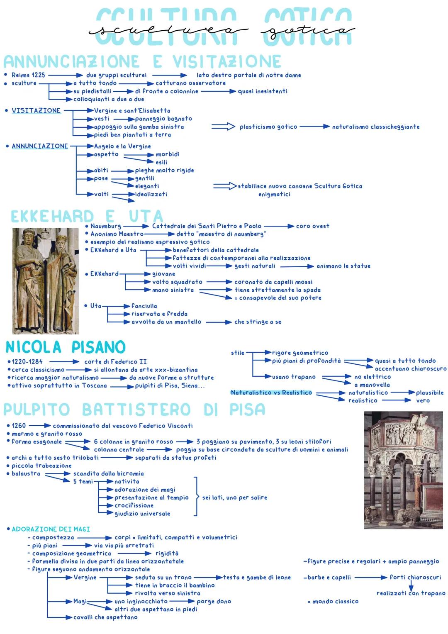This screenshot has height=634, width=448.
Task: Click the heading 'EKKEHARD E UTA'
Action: tap(87, 217)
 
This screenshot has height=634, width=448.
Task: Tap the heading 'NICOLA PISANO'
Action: tap(66, 347)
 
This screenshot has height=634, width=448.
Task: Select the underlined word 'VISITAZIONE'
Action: tap(36, 111)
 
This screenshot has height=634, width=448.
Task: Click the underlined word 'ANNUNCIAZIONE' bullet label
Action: tap(40, 146)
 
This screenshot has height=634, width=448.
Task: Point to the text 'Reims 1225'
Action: tap(28, 75)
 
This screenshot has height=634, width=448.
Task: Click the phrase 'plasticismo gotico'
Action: tap(268, 127)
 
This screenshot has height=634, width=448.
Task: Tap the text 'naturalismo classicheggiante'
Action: tap(375, 127)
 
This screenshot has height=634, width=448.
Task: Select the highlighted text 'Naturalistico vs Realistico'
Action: tap(271, 393)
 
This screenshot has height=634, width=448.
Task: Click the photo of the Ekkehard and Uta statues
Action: tap(46, 281)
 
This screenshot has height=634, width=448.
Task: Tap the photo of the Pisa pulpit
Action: tap(403, 470)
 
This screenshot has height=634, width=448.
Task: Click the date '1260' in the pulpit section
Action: tap(19, 426)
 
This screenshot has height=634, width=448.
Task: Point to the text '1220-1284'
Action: tap(27, 362)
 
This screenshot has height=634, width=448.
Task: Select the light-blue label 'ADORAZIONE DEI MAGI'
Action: tap(51, 529)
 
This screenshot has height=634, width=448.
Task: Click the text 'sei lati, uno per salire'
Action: tap(235, 497)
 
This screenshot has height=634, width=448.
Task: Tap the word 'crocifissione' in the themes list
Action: tap(134, 505)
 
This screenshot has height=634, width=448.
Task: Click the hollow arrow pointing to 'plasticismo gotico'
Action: tap(223, 127)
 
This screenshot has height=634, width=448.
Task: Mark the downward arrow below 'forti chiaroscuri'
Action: tap(411, 585)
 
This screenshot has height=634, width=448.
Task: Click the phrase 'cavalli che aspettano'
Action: tap(105, 617)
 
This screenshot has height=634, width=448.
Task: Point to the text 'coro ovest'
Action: tap(313, 226)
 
